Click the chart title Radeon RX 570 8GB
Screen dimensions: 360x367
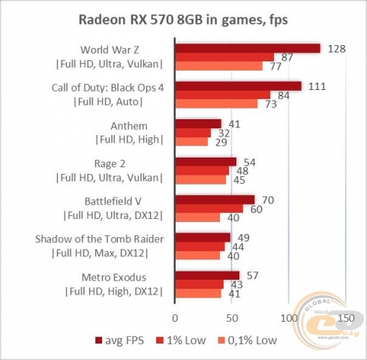click(x=182, y=19)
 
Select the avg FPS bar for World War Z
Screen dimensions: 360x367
click(x=248, y=49)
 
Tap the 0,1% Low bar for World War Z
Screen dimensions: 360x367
click(x=218, y=66)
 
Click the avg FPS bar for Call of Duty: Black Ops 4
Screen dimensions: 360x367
click(x=238, y=86)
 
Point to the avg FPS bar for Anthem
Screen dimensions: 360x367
click(x=198, y=123)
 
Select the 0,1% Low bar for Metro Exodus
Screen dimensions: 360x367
click(x=198, y=293)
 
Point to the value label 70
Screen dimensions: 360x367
click(x=266, y=199)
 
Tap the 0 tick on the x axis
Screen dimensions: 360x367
click(x=175, y=317)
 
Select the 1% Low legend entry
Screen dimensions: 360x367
click(x=191, y=342)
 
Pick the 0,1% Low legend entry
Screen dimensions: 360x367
click(x=252, y=342)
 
